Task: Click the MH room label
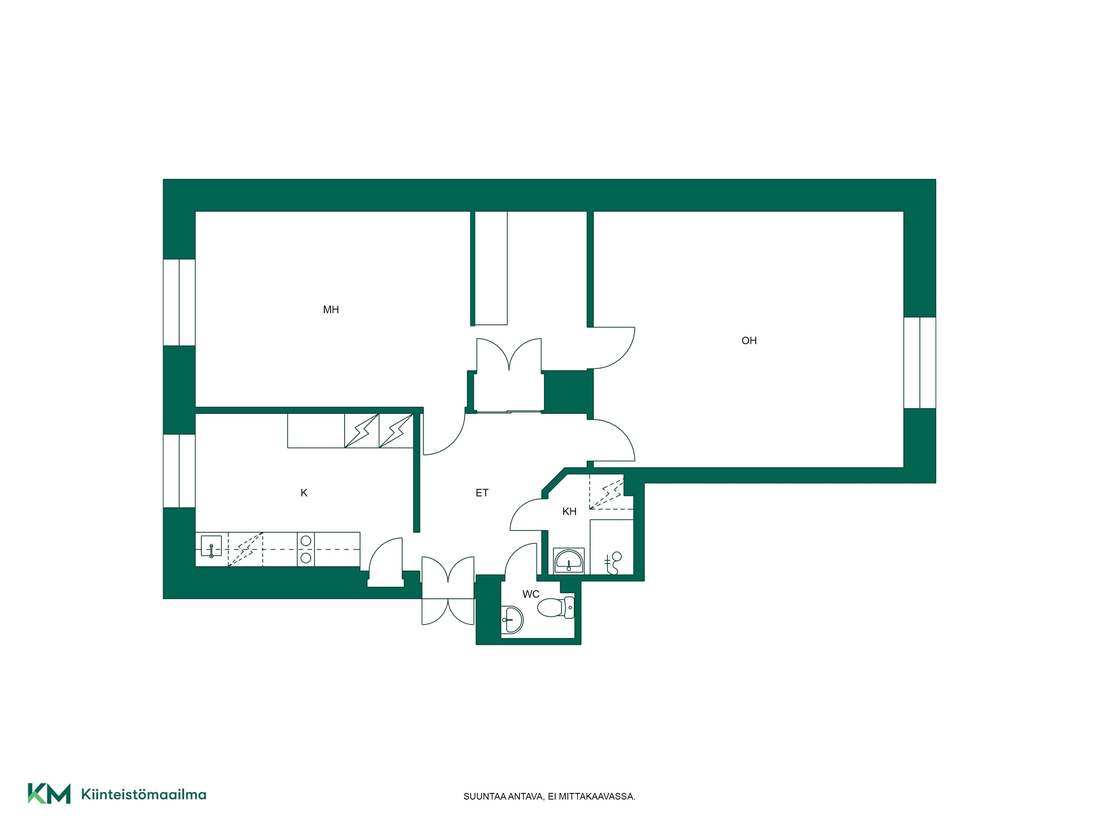coord(331,310)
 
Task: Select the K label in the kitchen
coord(304,493)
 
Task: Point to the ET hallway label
coord(482,493)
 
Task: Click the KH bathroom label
coord(569,511)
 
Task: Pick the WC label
coord(531,594)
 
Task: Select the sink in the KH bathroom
coord(569,561)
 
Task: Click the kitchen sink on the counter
coord(211,546)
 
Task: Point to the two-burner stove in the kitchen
coord(306,549)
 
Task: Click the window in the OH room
coord(920,363)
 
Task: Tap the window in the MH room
coord(179,302)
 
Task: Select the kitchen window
coord(179,471)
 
